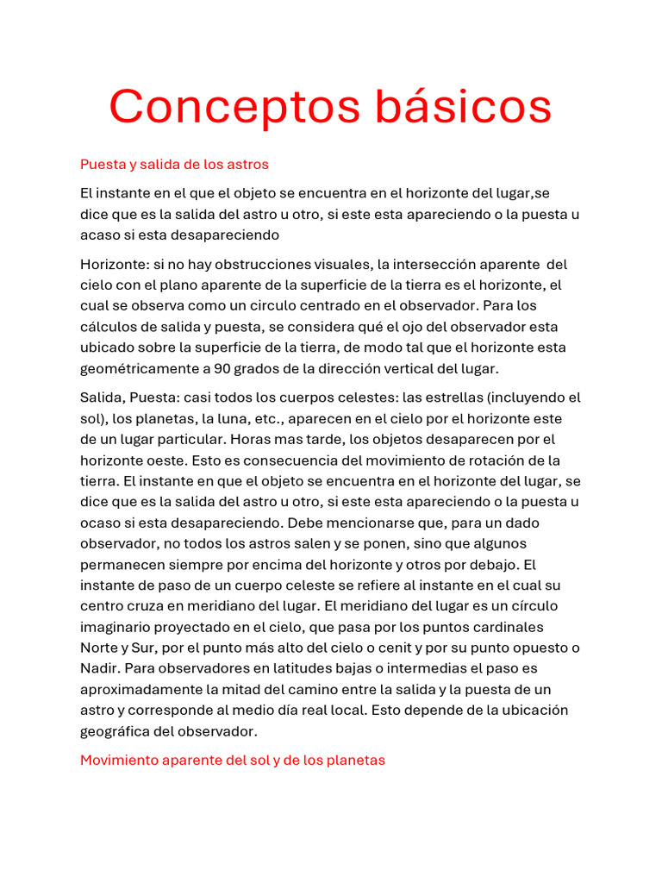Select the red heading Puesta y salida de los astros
[174, 164]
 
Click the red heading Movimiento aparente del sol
[233, 761]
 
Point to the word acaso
[101, 235]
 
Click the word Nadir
[99, 668]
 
